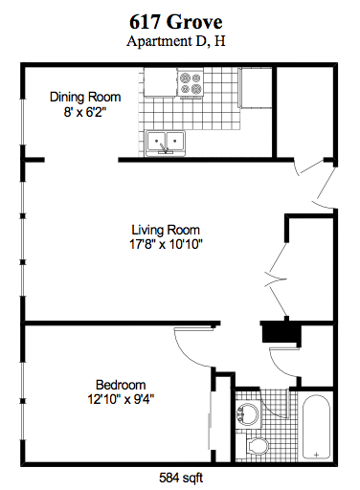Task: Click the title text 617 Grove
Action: (178, 21)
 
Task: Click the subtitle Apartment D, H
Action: (178, 41)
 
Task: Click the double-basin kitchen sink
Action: (169, 143)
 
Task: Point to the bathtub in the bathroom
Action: (315, 427)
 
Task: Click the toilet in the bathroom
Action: (256, 445)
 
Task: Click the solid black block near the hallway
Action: (280, 332)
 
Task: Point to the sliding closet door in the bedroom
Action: (212, 422)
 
